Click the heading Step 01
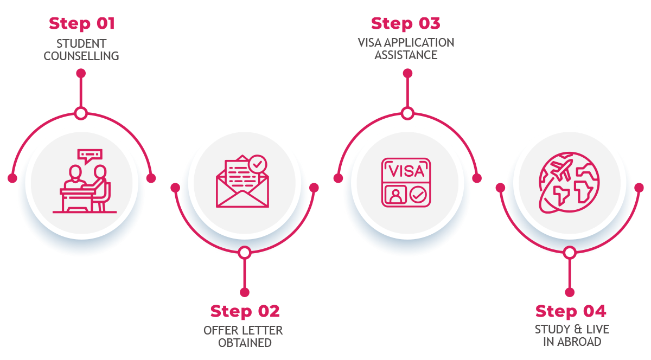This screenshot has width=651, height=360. pyautogui.click(x=81, y=24)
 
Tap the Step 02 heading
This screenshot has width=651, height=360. pyautogui.click(x=245, y=312)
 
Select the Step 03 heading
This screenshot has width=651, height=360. pyautogui.click(x=406, y=24)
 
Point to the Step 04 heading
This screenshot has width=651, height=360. pyautogui.click(x=570, y=312)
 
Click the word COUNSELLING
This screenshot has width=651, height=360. pyautogui.click(x=81, y=56)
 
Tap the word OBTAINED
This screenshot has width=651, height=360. pyautogui.click(x=245, y=343)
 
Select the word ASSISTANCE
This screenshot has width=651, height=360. pyautogui.click(x=406, y=55)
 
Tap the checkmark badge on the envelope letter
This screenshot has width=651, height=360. pyautogui.click(x=257, y=163)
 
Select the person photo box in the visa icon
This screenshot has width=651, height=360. pyautogui.click(x=395, y=195)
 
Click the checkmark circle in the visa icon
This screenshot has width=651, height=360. pyautogui.click(x=418, y=195)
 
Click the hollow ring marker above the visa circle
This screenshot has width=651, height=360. pyautogui.click(x=407, y=113)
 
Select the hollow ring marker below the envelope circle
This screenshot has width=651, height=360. pyautogui.click(x=245, y=253)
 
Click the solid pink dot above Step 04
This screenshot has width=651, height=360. pyautogui.click(x=569, y=292)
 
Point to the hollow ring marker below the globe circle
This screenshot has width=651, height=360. pyautogui.click(x=569, y=253)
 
